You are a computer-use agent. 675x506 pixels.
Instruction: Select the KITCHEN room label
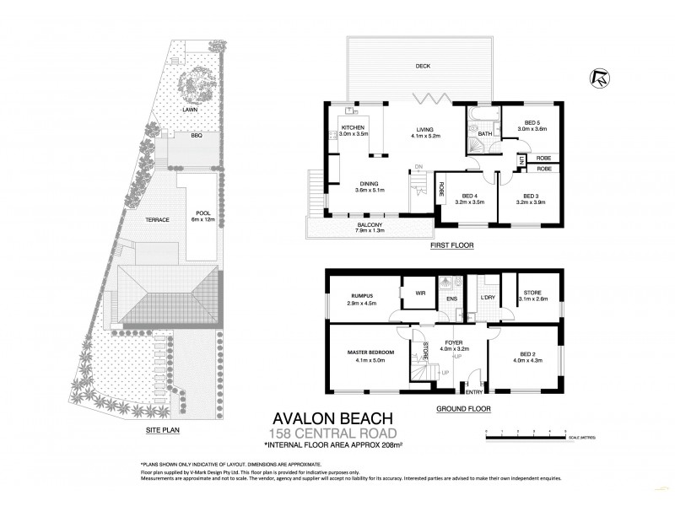pos(353,127)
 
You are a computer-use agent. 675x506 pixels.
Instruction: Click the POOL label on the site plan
pos(202,213)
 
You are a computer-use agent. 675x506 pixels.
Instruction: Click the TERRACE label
pos(157,220)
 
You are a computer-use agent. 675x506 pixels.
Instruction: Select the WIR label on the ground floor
pos(420,293)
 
